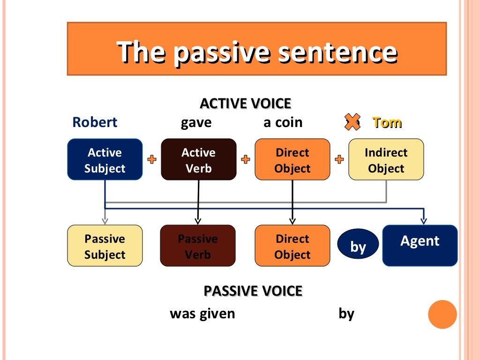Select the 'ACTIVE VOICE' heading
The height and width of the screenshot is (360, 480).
[246, 103]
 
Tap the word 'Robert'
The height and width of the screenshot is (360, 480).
[95, 122]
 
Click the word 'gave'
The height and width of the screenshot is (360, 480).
[196, 122]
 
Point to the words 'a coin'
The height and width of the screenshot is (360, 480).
[283, 122]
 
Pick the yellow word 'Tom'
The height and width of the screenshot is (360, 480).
[387, 122]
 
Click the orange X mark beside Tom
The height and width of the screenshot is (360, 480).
[352, 121]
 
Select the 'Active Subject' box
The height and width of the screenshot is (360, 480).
[105, 160]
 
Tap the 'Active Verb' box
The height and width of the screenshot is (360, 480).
[198, 160]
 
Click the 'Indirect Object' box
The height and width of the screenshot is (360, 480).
[386, 160]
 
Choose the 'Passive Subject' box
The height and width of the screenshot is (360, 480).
[105, 246]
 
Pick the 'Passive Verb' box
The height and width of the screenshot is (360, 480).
[198, 246]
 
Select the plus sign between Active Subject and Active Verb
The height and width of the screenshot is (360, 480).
[152, 160]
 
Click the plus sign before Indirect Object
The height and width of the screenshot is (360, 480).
[339, 160]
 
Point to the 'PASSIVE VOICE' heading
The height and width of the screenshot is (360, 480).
[253, 291]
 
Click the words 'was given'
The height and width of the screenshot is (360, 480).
[202, 313]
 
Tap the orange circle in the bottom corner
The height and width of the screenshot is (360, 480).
[442, 314]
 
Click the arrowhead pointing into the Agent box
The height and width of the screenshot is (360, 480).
[423, 220]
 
